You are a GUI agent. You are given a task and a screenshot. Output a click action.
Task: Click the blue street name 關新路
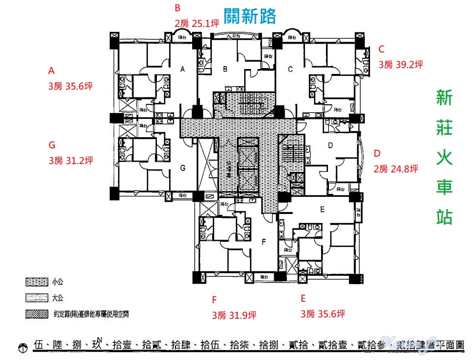click(250, 16)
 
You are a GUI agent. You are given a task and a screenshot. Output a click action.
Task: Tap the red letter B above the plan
click(177, 7)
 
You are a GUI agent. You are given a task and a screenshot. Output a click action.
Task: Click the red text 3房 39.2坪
click(400, 64)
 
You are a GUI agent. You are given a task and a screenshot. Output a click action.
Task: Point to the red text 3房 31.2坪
click(71, 160)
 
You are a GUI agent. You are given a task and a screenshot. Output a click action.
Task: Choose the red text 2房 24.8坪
click(396, 169)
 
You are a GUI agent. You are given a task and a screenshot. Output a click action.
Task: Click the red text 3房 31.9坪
click(234, 315)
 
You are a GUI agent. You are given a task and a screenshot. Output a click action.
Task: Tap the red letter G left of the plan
click(52, 145)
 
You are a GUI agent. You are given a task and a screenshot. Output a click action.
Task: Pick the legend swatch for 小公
click(35, 282)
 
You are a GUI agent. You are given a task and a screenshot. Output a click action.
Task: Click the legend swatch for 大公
click(35, 297)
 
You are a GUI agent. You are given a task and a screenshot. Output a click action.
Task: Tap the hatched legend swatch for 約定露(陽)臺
click(35, 313)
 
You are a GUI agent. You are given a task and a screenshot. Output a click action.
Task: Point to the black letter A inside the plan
click(182, 70)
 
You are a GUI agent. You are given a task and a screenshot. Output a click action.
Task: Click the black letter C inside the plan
click(290, 70)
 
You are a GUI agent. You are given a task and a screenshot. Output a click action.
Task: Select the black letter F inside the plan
click(264, 241)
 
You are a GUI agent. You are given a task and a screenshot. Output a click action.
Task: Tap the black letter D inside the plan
click(330, 145)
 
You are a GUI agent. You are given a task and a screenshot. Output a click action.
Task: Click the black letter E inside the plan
click(322, 210)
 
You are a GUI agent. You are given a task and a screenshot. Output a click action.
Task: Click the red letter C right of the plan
click(381, 49)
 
